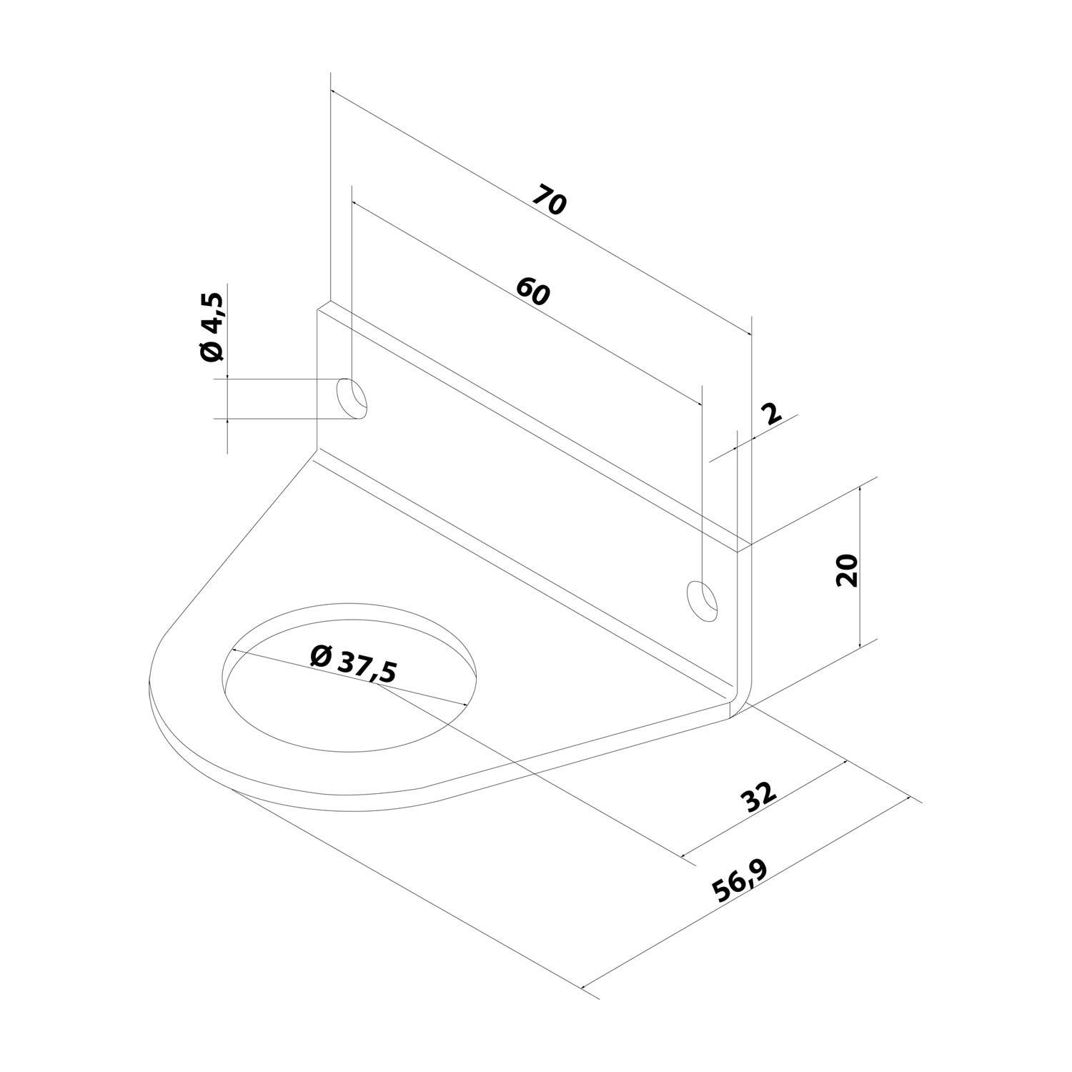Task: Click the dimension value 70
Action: [550, 200]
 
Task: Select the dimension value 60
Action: [532, 292]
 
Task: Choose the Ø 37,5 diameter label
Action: [353, 664]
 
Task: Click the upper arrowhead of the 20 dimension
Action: [860, 490]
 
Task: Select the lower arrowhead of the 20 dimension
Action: [860, 644]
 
